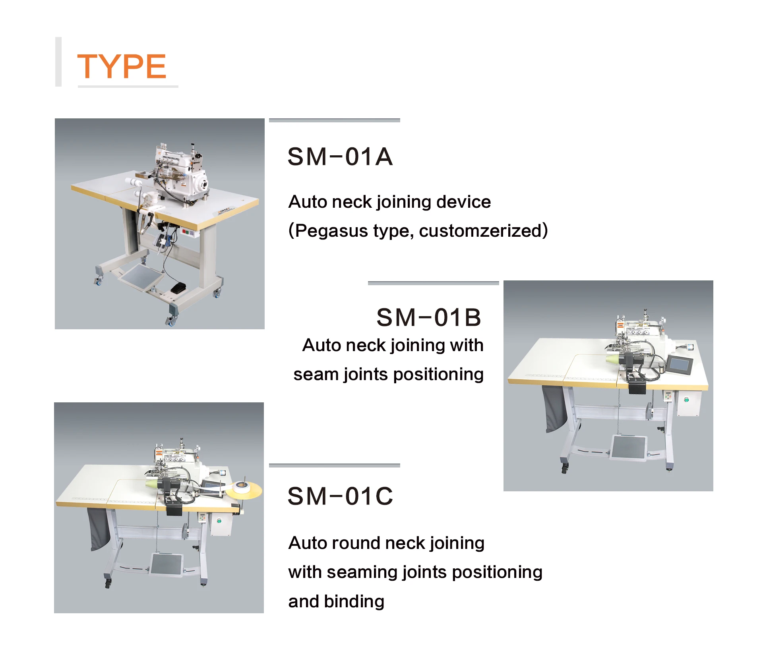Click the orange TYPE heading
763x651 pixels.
(x=122, y=66)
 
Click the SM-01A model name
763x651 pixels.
(x=340, y=156)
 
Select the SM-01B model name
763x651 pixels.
(x=428, y=317)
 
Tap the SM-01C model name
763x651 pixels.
(x=340, y=496)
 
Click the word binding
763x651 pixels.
(x=354, y=601)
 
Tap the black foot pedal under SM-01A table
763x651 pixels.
(x=178, y=288)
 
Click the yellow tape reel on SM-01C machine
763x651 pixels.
(x=244, y=489)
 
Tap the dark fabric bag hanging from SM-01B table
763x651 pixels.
(x=554, y=409)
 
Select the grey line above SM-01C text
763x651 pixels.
(x=334, y=465)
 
